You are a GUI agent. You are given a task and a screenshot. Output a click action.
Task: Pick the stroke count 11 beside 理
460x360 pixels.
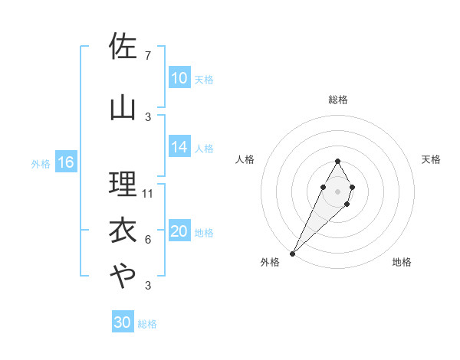pos(148,193)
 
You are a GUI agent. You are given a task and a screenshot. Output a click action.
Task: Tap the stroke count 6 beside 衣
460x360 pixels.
pos(147,240)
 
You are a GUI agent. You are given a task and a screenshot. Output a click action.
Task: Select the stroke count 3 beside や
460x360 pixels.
pos(147,286)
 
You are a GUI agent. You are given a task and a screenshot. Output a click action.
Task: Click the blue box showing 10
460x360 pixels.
pos(179,78)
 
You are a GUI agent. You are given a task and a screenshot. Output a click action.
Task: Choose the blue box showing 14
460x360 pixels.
pos(179,147)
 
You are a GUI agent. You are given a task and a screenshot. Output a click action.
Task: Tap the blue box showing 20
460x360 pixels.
pos(179,231)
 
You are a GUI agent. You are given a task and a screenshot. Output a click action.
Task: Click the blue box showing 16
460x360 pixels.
pos(66,162)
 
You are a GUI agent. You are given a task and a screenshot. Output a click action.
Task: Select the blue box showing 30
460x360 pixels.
pos(123,322)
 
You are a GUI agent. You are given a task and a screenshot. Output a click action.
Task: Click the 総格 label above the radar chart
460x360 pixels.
pos(338,100)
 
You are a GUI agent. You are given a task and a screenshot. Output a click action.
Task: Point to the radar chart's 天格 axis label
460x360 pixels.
pos(432,159)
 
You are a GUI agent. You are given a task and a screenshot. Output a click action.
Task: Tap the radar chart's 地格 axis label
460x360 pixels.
pos(402,262)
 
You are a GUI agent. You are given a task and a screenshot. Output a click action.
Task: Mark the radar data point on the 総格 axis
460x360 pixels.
pos(337,161)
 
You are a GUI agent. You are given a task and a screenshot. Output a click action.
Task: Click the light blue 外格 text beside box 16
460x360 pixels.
pos(41,163)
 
